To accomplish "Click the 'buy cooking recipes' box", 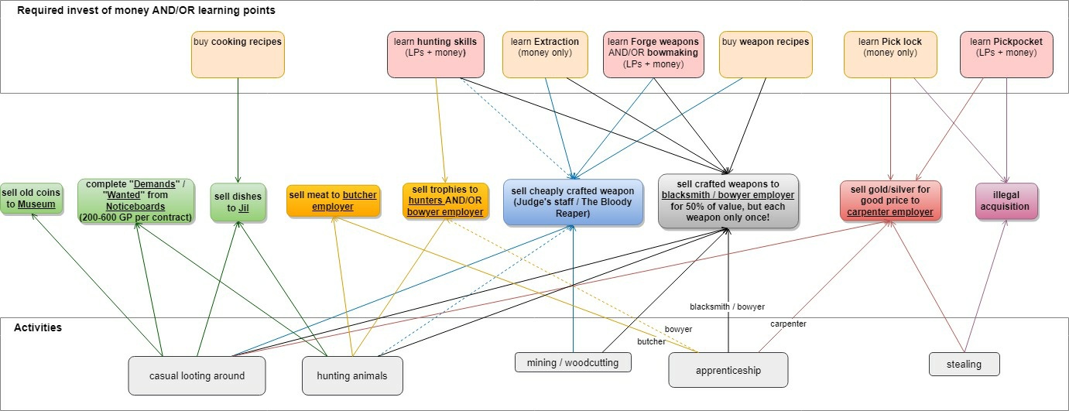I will click(238, 54).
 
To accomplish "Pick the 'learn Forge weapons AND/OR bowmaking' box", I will click(653, 54).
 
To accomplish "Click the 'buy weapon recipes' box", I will click(766, 54).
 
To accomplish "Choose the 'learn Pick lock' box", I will click(890, 54).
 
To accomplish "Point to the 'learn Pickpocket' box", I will click(1006, 54).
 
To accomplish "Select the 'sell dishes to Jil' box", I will click(238, 203).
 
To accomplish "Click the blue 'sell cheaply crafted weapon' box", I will click(573, 202).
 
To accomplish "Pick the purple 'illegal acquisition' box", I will click(1005, 201).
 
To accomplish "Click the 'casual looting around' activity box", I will click(197, 375).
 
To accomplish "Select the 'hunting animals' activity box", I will click(352, 375).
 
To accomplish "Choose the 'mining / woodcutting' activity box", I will click(573, 361).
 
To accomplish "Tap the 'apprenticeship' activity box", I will click(728, 370).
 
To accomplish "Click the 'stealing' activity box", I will click(964, 364).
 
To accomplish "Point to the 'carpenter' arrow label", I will click(788, 324).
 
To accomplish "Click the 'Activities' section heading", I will click(38, 328).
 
